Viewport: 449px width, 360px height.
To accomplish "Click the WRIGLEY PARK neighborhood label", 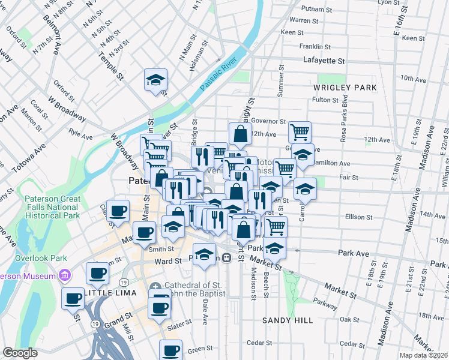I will [345, 88].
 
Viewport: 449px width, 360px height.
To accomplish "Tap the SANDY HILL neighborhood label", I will [288, 320].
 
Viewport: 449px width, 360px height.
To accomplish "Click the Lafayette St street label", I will [324, 61].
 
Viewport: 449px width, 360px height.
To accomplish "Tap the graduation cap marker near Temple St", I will [155, 80].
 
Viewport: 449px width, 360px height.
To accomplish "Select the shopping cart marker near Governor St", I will [300, 131].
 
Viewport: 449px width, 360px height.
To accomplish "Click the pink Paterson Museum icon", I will [65, 276].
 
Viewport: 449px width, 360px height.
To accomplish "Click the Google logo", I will [20, 352].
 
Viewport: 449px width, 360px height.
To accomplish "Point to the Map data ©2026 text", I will [423, 355].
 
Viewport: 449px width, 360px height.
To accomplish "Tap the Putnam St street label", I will [318, 9].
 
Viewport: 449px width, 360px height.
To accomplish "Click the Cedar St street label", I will [260, 343].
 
